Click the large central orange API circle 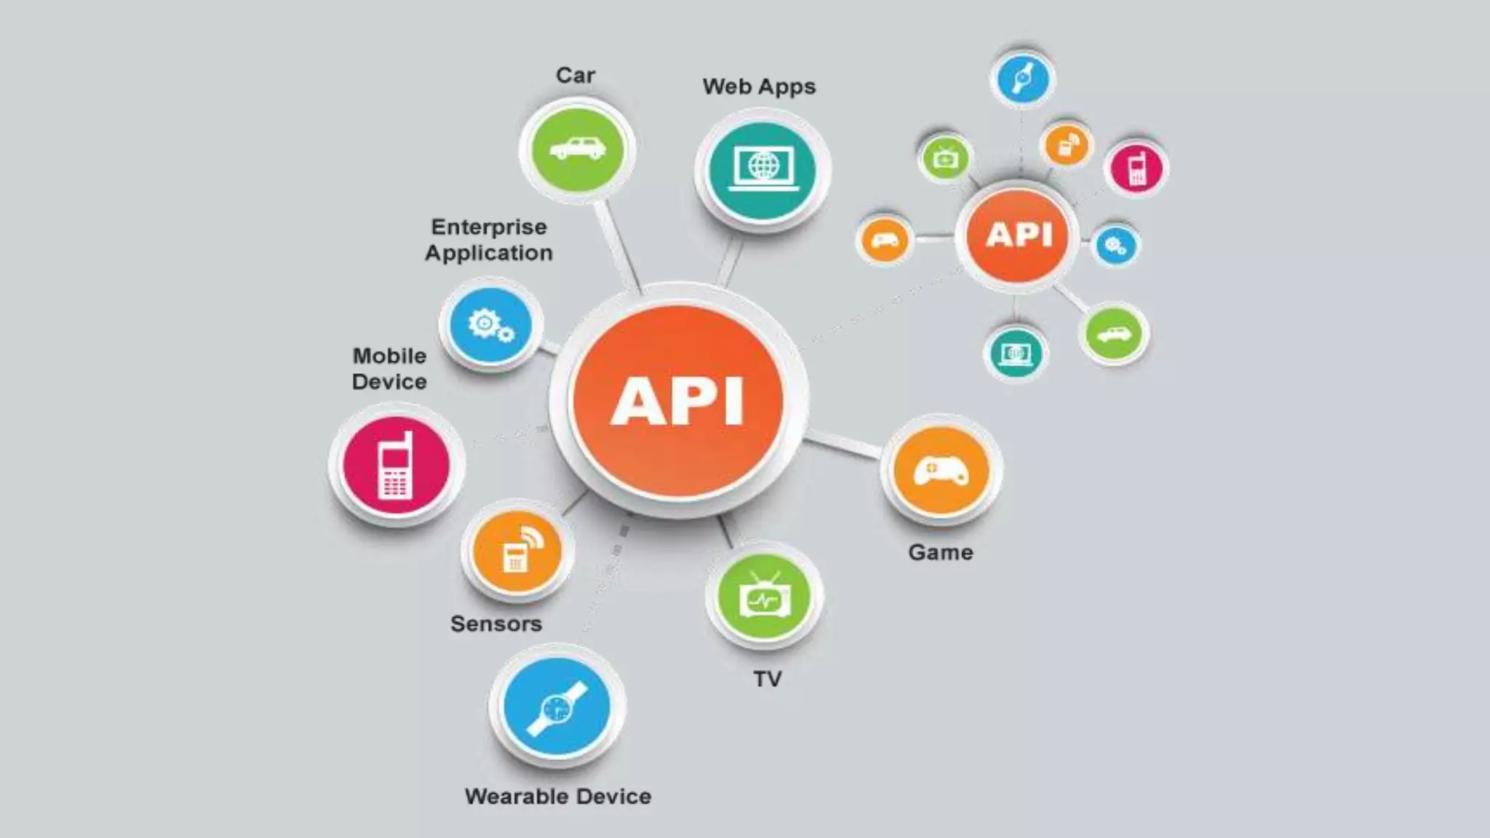pos(678,401)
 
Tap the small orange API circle pos(1019,235)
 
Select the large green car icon pos(578,149)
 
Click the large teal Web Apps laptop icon pos(762,169)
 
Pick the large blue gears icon pos(491,325)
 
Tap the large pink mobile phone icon pos(396,465)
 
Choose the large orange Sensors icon pos(517,551)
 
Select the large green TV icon pos(763,597)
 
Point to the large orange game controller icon pos(941,471)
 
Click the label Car pos(575,76)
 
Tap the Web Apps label pos(759,87)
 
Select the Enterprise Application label pos(489,240)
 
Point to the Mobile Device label pos(389,369)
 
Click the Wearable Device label pos(558,797)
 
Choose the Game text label pos(941,553)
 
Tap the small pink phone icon pos(1136,168)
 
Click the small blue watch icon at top pos(1022,78)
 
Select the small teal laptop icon pos(1016,354)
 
